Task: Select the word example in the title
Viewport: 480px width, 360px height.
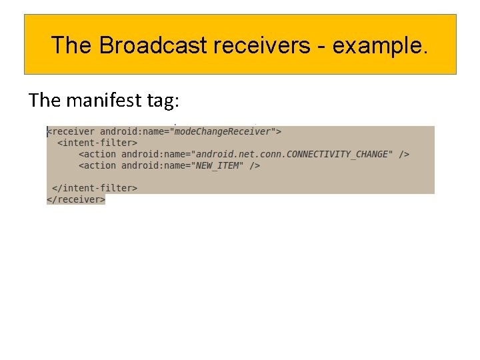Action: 377,45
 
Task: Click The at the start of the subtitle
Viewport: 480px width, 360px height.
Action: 45,100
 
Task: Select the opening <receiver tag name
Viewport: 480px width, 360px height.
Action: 71,132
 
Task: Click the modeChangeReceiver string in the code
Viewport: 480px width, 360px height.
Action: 223,132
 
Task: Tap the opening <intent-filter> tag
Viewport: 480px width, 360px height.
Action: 97,143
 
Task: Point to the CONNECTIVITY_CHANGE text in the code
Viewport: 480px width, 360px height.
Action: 339,154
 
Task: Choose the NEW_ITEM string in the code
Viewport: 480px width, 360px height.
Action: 219,165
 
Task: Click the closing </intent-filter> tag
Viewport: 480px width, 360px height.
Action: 95,188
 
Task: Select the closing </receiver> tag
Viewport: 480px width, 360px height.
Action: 76,199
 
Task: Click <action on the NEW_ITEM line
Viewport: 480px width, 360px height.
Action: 97,165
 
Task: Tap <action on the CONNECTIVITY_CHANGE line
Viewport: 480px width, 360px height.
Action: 97,154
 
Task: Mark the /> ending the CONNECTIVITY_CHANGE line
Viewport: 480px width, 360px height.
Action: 404,154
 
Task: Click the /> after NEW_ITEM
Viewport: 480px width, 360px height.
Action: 255,165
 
